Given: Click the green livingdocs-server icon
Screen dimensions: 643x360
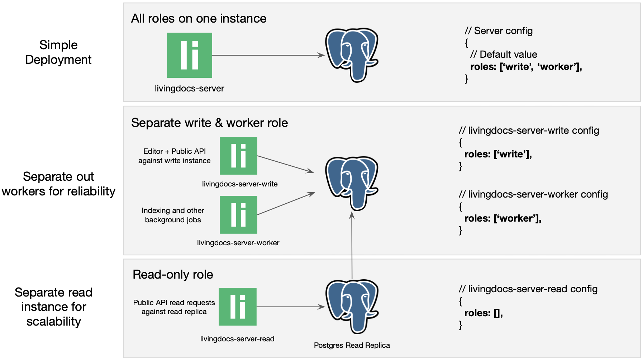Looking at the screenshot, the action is [189, 55].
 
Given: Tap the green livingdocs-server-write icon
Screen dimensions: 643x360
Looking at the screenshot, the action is [238, 156].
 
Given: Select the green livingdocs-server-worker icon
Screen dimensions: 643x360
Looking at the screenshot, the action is [238, 215].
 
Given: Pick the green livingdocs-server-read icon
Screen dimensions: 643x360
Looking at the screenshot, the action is [238, 307].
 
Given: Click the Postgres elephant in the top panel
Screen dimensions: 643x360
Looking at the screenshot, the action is [352, 55].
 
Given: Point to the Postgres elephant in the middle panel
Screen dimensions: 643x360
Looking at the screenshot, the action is [352, 183].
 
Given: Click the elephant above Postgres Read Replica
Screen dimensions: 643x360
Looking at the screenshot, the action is [352, 307].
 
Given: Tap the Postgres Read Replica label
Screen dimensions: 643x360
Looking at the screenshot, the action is [352, 345].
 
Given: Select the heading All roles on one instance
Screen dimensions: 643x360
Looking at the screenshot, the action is [199, 18].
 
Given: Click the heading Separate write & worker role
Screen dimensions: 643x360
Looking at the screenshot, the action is [209, 123].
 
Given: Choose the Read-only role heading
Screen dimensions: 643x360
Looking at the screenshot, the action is [173, 274].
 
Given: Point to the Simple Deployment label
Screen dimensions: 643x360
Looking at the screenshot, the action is [58, 52].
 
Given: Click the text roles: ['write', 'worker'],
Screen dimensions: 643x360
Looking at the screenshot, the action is [526, 67].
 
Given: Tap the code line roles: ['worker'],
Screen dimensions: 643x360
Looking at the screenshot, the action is [503, 218].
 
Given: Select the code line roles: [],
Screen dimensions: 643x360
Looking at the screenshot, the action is [484, 313].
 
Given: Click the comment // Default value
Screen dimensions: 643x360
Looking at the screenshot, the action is [504, 55].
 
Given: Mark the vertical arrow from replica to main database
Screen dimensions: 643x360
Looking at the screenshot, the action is [352, 246].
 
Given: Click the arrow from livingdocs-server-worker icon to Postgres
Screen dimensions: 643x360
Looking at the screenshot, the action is [286, 204].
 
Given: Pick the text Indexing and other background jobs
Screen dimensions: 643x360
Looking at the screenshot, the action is [173, 215].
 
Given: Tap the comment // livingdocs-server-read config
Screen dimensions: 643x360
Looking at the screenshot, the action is [528, 289].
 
